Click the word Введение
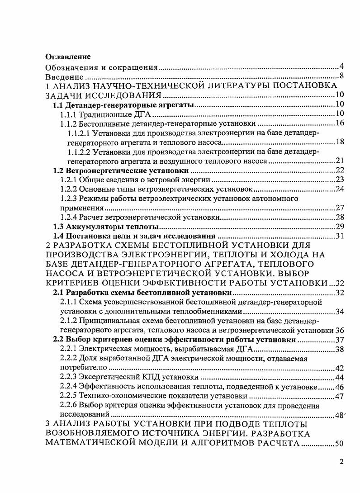(65, 77)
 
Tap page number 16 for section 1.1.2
(340, 123)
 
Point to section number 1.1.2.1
(80, 133)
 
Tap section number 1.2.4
(69, 217)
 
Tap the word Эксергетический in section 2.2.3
(108, 377)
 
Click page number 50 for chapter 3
(340, 444)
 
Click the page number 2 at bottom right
(342, 462)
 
